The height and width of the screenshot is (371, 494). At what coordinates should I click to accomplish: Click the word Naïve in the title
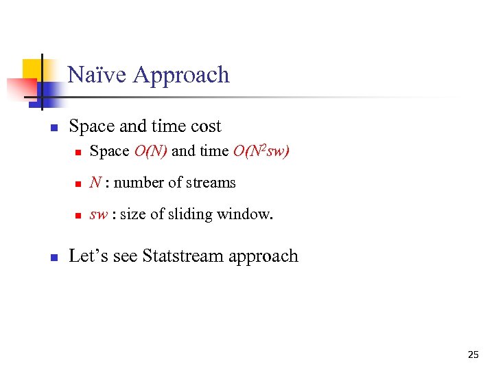pos(97,74)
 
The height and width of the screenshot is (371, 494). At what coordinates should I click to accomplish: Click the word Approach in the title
pos(181,75)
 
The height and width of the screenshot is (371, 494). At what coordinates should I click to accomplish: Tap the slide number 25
pos(473,355)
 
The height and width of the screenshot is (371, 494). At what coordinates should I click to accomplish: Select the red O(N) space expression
pos(150,151)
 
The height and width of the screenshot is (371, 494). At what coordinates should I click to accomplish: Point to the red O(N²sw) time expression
pos(261,151)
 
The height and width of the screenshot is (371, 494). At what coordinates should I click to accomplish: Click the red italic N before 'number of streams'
pos(95,183)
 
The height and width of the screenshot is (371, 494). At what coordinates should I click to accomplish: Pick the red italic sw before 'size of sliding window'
pos(98,214)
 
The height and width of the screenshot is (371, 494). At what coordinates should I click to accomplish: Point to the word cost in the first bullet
pos(206,126)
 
